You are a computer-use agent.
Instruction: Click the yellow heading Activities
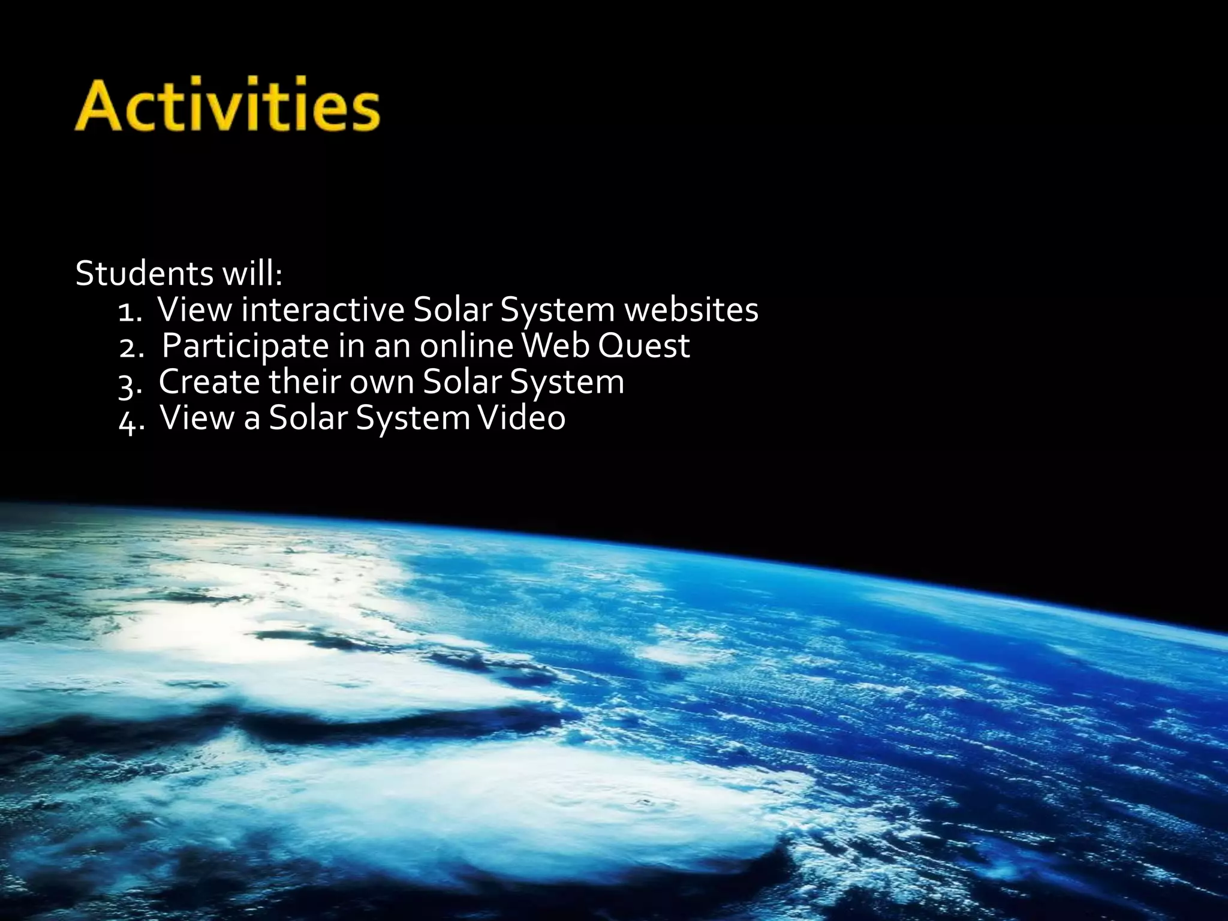(227, 104)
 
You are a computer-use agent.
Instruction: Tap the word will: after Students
(252, 273)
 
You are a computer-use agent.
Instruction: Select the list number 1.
(130, 312)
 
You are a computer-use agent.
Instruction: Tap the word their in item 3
(304, 381)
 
